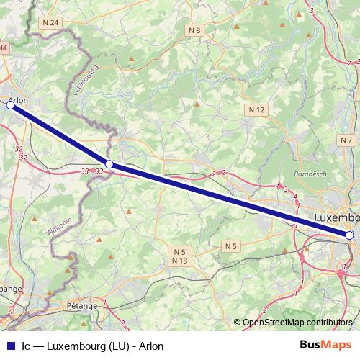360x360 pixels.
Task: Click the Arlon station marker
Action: click(x=10, y=105)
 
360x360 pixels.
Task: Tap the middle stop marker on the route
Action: click(x=109, y=164)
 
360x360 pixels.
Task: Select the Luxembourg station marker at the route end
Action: click(x=349, y=235)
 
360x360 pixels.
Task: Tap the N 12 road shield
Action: click(x=258, y=109)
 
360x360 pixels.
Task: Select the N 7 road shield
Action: click(x=347, y=140)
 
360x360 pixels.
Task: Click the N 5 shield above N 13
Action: click(x=179, y=252)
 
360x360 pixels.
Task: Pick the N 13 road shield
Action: click(x=179, y=261)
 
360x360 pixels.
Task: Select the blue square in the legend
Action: click(x=10, y=345)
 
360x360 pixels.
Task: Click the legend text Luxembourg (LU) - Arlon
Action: click(x=105, y=345)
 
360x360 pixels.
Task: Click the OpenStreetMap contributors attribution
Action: click(x=297, y=322)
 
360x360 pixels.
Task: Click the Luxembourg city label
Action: click(x=337, y=217)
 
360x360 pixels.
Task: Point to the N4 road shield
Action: click(x=4, y=48)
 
